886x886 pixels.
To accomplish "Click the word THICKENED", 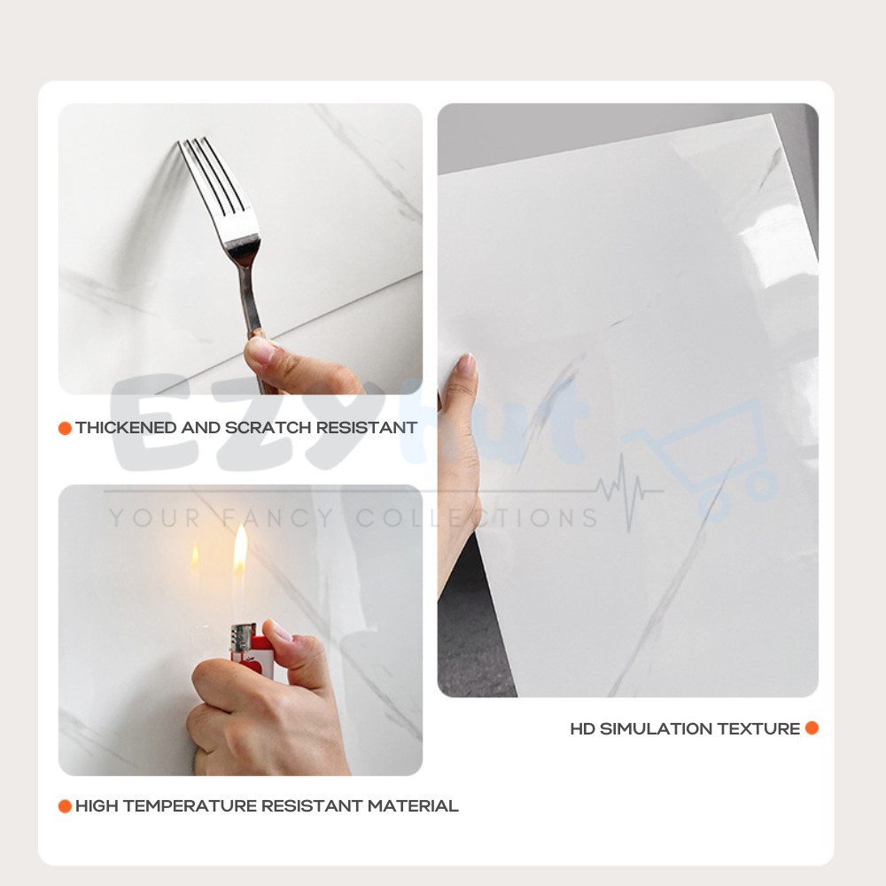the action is click(126, 428).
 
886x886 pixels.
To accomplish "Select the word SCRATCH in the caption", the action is click(268, 428).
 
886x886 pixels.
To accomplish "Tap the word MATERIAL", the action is click(413, 805).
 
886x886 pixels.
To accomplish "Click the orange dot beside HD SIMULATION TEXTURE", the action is click(812, 727).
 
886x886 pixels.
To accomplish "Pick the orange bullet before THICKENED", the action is click(65, 428).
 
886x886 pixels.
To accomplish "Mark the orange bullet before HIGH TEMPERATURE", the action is click(65, 806).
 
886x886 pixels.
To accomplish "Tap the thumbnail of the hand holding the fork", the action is click(260, 351).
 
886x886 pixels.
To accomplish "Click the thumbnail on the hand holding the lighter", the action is click(281, 629).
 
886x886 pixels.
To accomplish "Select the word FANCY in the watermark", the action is click(276, 518).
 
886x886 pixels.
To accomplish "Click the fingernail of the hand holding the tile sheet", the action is click(467, 364).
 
